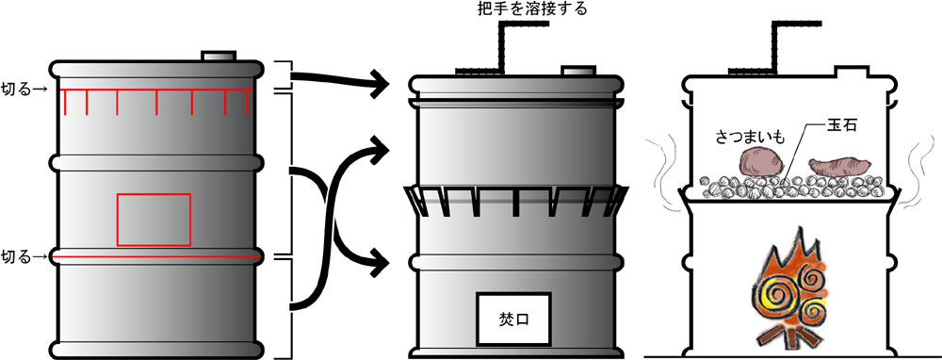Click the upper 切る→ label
click(23, 90)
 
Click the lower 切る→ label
click(23, 256)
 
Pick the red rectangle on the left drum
click(154, 219)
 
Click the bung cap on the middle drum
click(577, 71)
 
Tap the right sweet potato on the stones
click(837, 169)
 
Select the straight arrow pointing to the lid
click(339, 81)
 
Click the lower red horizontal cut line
click(155, 256)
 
